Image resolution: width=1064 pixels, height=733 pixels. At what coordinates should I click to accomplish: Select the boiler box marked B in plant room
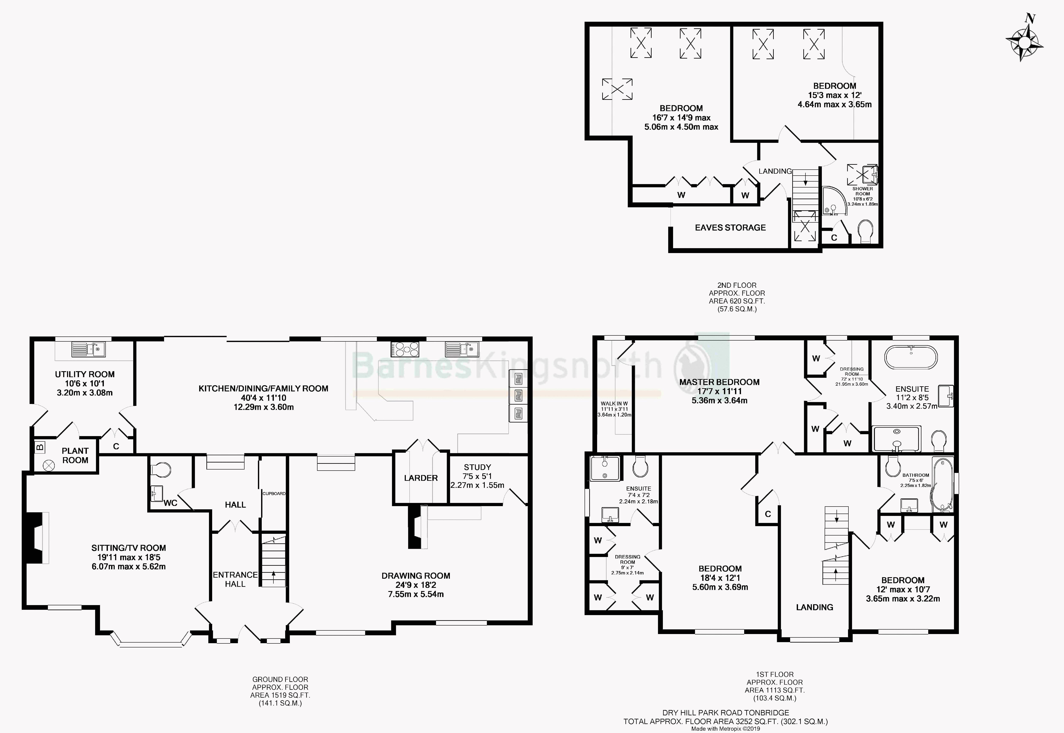pos(40,447)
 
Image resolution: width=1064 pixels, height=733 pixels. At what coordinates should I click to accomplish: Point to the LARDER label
pos(421,478)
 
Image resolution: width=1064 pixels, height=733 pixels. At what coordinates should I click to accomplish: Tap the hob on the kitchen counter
pos(405,349)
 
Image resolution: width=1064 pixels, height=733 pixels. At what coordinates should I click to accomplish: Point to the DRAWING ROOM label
pos(416,576)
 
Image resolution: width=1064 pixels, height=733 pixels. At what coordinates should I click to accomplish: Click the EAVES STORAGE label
pos(730,227)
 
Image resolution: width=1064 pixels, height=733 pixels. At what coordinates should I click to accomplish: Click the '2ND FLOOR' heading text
pos(737,285)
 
